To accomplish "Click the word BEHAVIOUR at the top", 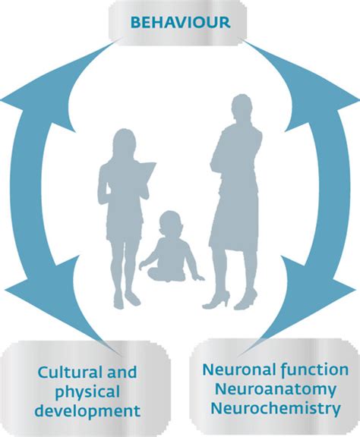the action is [x=180, y=23].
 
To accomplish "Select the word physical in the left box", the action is [x=87, y=393].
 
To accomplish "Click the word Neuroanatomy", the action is [x=276, y=389].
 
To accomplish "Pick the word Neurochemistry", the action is [x=276, y=408].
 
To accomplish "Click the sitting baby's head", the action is [x=170, y=222].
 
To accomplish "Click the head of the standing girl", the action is [x=125, y=142].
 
